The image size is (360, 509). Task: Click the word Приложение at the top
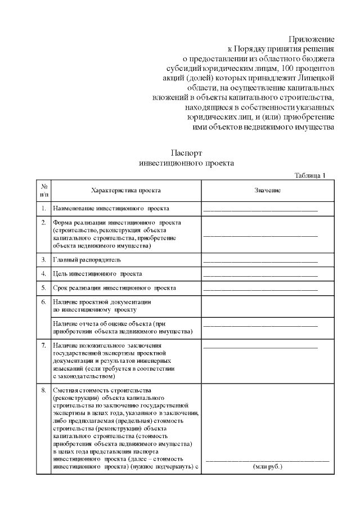[x=312, y=39]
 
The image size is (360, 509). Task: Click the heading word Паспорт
[x=186, y=153]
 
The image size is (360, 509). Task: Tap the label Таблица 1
[x=310, y=175]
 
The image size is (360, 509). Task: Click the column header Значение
[x=267, y=190]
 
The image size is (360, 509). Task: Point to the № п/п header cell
[x=44, y=190]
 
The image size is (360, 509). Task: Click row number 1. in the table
[x=44, y=209]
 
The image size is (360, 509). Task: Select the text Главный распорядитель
[x=87, y=260]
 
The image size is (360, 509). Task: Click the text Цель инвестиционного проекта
[x=97, y=274]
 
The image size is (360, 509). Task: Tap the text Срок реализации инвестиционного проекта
[x=114, y=288]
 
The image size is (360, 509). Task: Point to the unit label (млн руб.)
[x=267, y=467]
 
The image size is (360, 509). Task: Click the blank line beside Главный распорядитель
[x=260, y=262]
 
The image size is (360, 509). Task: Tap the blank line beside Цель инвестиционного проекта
[x=260, y=276]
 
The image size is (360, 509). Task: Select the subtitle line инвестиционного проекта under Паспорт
[x=186, y=163]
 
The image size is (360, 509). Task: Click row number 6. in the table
[x=44, y=302]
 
